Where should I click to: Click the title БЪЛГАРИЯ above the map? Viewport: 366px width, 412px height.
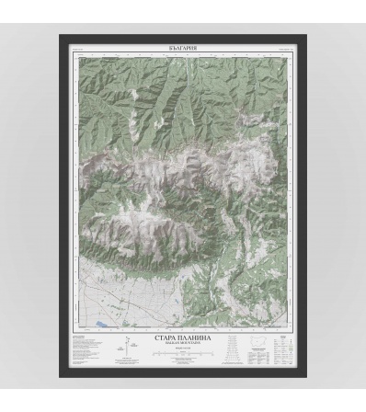[184, 46]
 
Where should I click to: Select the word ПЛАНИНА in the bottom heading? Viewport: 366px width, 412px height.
[198, 338]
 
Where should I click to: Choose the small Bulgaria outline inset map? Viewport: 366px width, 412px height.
[258, 339]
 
